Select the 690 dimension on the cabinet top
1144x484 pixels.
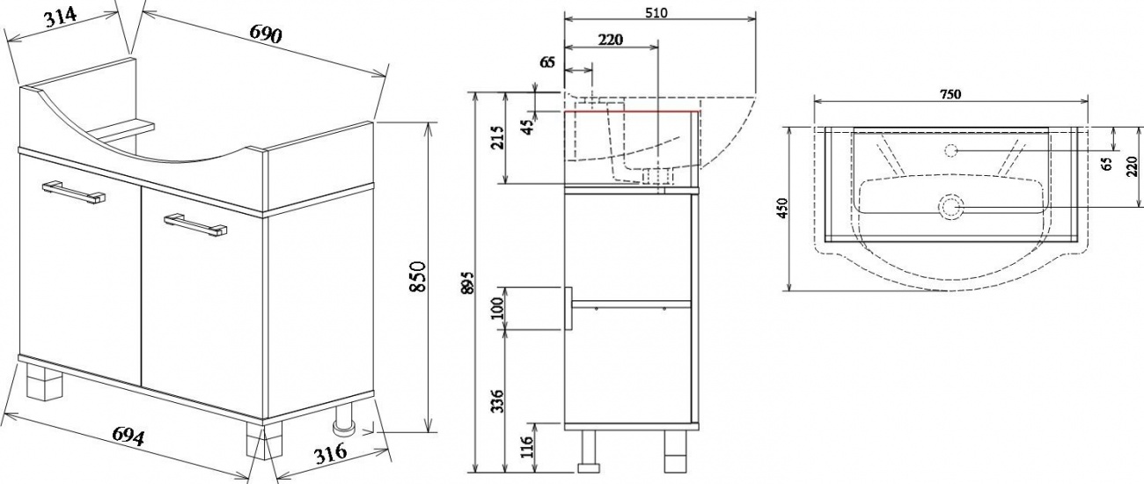266,33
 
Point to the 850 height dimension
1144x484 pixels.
418,276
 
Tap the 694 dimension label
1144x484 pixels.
128,436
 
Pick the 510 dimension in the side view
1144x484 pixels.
656,12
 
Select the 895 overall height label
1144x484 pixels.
468,282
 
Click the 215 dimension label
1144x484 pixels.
498,136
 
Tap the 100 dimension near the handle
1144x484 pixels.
498,308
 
